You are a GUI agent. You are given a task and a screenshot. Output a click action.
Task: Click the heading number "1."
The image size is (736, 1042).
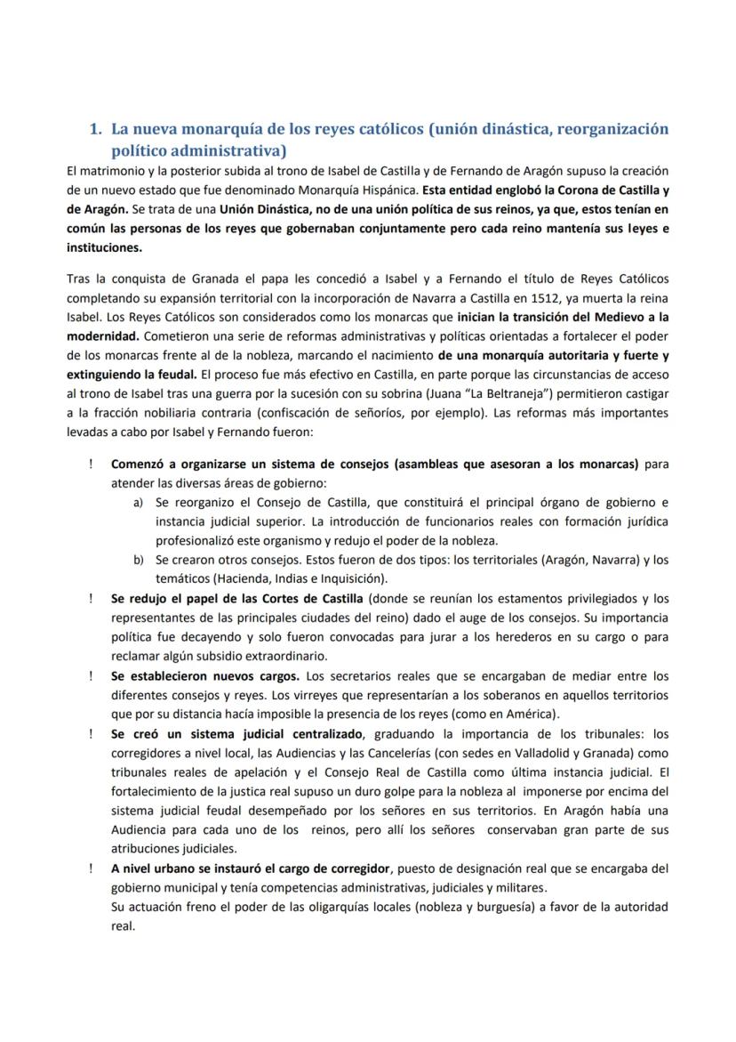[x=97, y=129]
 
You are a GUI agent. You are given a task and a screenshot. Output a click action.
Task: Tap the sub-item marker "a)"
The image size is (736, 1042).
[x=139, y=502]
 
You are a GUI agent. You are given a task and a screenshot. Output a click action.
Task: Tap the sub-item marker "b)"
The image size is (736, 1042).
[x=139, y=560]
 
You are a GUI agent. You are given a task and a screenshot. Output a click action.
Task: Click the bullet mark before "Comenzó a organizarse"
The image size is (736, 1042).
[x=91, y=464]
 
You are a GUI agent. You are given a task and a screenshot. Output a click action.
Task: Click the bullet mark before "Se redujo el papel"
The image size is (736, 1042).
[x=91, y=598]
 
